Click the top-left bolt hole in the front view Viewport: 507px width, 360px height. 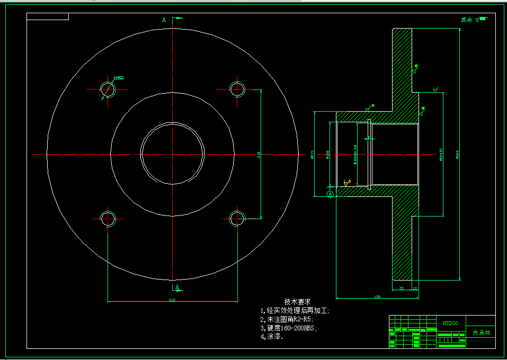109,89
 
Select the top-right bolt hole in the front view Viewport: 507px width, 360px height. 237,89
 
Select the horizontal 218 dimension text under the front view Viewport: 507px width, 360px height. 172,300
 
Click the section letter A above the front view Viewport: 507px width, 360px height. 164,20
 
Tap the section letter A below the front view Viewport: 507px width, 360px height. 177,287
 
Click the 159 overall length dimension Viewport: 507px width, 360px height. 377,296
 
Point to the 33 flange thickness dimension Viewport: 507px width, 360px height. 401,289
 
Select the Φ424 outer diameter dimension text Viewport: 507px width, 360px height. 457,154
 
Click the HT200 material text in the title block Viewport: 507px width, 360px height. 450,322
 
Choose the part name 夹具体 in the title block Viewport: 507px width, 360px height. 481,333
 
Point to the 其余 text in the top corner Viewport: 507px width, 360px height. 466,20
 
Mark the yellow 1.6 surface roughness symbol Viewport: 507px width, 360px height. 346,183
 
